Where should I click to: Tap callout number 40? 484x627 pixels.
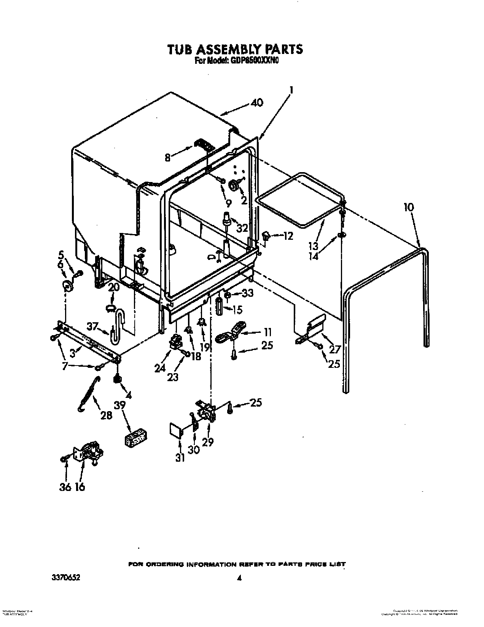click(x=257, y=103)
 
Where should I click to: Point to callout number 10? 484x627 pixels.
click(x=409, y=208)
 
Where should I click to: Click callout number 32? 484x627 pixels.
click(x=242, y=228)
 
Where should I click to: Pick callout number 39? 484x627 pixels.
click(x=120, y=405)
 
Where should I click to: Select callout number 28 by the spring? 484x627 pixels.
click(x=106, y=415)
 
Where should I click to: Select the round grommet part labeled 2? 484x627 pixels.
click(x=234, y=184)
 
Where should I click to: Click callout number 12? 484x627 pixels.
click(x=288, y=236)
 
